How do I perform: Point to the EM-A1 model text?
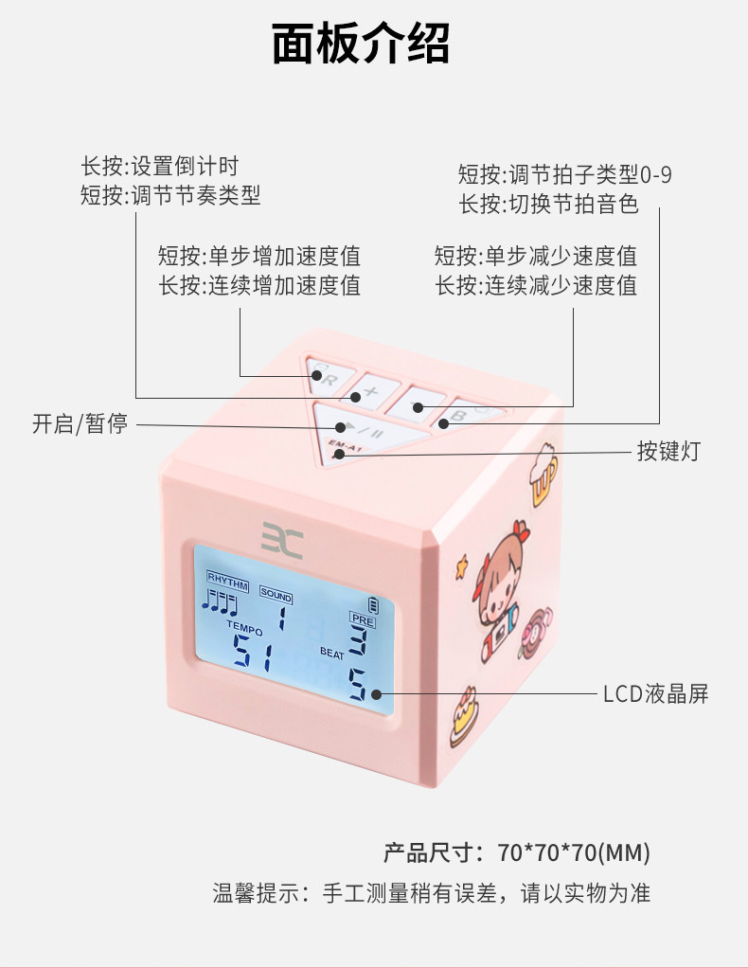341,448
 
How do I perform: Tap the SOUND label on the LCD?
276,595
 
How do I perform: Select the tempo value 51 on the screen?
255,651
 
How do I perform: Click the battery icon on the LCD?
374,603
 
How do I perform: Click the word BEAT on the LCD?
332,652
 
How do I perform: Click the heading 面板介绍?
361,44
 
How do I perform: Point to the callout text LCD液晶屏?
655,694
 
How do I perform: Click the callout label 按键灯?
668,451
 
